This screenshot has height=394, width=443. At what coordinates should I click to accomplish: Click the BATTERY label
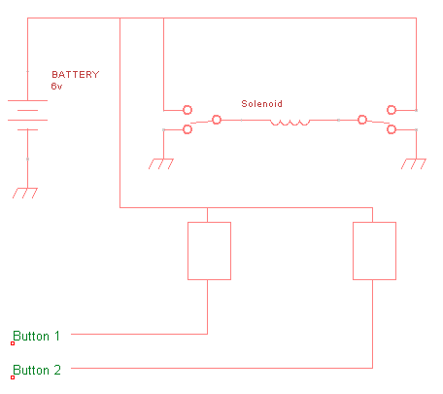pyautogui.click(x=76, y=75)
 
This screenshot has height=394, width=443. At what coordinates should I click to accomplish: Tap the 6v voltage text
pyautogui.click(x=56, y=87)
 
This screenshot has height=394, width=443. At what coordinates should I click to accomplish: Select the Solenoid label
pyautogui.click(x=261, y=104)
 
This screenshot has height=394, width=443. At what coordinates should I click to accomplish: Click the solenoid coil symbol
pyautogui.click(x=290, y=123)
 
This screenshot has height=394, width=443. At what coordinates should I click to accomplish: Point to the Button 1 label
pyautogui.click(x=36, y=336)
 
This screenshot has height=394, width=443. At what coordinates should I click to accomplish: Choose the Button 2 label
pyautogui.click(x=37, y=370)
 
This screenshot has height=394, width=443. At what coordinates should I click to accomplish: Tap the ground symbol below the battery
pyautogui.click(x=25, y=193)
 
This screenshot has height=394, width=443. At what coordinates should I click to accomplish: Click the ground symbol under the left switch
pyautogui.click(x=161, y=163)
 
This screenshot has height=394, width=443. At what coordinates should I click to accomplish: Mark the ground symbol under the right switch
pyautogui.click(x=414, y=163)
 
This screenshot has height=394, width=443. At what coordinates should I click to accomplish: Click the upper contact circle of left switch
pyautogui.click(x=187, y=106)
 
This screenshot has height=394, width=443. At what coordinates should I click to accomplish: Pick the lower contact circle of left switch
pyautogui.click(x=187, y=125)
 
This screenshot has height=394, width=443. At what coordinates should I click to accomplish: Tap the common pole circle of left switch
pyautogui.click(x=217, y=116)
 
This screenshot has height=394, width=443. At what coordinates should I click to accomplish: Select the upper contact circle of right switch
pyautogui.click(x=392, y=106)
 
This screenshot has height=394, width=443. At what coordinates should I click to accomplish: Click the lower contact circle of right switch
pyautogui.click(x=392, y=125)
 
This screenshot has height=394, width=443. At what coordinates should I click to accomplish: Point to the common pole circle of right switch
pyautogui.click(x=362, y=116)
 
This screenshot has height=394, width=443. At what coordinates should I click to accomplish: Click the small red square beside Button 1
pyautogui.click(x=13, y=343)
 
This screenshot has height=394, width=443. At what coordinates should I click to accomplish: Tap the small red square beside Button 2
pyautogui.click(x=13, y=377)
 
